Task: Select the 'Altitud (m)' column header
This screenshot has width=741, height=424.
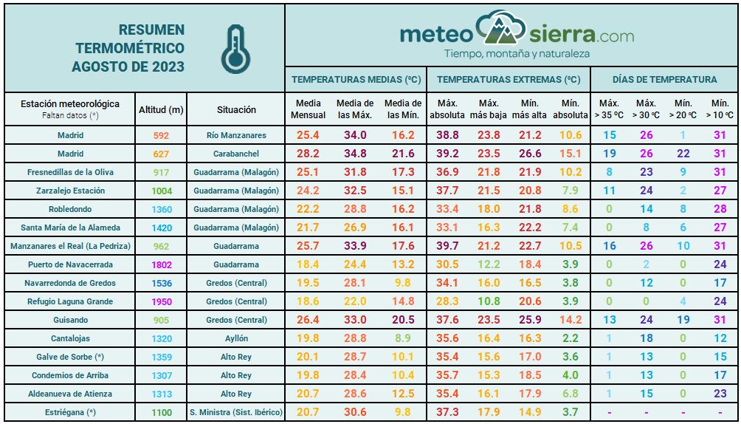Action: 161,109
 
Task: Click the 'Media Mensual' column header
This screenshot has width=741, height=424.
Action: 308,109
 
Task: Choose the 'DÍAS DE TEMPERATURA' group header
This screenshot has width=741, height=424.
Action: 664,80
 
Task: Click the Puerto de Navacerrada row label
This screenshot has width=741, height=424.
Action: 70,264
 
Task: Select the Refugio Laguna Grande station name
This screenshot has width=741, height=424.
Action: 70,301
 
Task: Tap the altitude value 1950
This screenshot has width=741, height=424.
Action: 161,301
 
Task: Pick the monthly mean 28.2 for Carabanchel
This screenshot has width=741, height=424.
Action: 308,154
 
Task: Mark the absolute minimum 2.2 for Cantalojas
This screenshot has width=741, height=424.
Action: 570,338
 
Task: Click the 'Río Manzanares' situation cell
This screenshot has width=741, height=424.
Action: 236,135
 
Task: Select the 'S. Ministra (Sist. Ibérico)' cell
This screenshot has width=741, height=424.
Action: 236,412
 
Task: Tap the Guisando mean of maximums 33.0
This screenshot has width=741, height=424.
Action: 355,320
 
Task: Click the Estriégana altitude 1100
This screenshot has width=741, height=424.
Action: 161,412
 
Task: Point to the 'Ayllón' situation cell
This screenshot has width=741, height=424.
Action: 236,338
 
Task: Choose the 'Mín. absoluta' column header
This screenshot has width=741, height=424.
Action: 570,109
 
